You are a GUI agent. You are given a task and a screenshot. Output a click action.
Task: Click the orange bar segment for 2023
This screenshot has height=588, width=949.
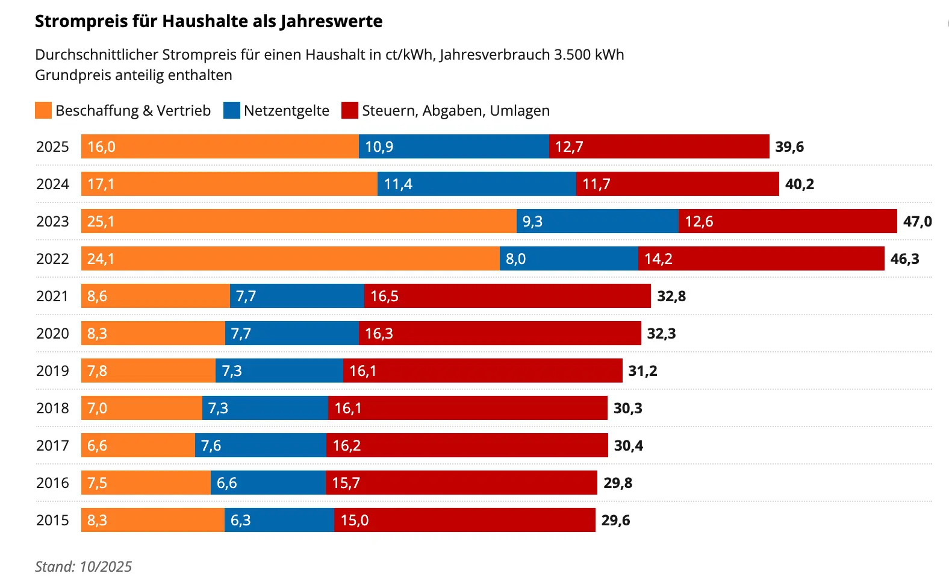click(x=299, y=221)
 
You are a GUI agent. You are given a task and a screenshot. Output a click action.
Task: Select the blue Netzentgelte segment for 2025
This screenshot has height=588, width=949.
click(x=453, y=146)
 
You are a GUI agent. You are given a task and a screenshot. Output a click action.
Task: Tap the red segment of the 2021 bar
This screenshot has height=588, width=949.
click(x=507, y=296)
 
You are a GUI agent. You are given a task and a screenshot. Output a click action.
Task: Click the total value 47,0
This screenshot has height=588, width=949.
click(x=916, y=222)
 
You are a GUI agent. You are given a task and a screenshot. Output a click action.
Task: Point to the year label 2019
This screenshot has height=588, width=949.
click(x=52, y=371)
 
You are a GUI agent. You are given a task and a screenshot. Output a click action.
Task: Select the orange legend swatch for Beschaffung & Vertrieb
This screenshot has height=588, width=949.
click(x=43, y=110)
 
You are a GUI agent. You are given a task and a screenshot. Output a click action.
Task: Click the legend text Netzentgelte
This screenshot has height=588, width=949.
click(x=287, y=111)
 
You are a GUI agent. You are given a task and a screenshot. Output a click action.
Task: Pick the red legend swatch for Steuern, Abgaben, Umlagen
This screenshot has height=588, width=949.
click(x=349, y=110)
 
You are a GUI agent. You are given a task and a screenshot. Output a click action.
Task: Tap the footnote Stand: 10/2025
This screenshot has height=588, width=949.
click(x=83, y=566)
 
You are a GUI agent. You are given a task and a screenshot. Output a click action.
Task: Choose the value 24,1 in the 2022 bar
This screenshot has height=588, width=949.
click(x=101, y=259)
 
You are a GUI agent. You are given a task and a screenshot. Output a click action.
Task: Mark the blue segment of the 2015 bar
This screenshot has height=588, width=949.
click(x=279, y=520)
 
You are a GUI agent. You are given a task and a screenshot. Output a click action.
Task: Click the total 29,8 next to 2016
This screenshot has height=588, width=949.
click(x=618, y=483)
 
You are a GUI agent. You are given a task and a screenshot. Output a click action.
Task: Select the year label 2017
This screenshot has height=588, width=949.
click(x=52, y=445)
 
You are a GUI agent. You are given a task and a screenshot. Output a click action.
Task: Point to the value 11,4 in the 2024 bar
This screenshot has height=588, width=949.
click(x=398, y=184)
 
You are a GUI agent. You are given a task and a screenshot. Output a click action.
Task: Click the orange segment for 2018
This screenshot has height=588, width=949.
click(x=142, y=408)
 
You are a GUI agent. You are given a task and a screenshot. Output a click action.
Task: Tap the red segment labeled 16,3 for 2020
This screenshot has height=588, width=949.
click(x=500, y=333)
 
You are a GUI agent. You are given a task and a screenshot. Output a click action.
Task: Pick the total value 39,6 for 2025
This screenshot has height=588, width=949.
click(x=789, y=147)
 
